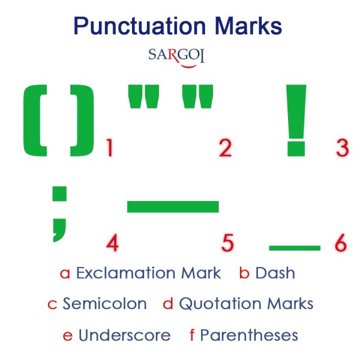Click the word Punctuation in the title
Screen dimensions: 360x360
click(130, 26)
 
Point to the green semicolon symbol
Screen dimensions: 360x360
click(59, 213)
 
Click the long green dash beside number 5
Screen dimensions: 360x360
click(173, 206)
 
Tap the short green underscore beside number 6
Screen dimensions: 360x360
click(295, 247)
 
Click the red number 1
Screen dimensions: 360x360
click(109, 148)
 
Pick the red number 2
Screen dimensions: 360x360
click(225, 148)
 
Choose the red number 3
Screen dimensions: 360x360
click(342, 148)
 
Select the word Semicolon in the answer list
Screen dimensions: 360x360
click(104, 304)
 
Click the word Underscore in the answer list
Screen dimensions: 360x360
click(124, 334)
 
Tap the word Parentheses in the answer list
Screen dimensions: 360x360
click(249, 334)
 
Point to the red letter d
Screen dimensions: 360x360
click(168, 304)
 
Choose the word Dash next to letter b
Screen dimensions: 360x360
click(275, 273)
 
